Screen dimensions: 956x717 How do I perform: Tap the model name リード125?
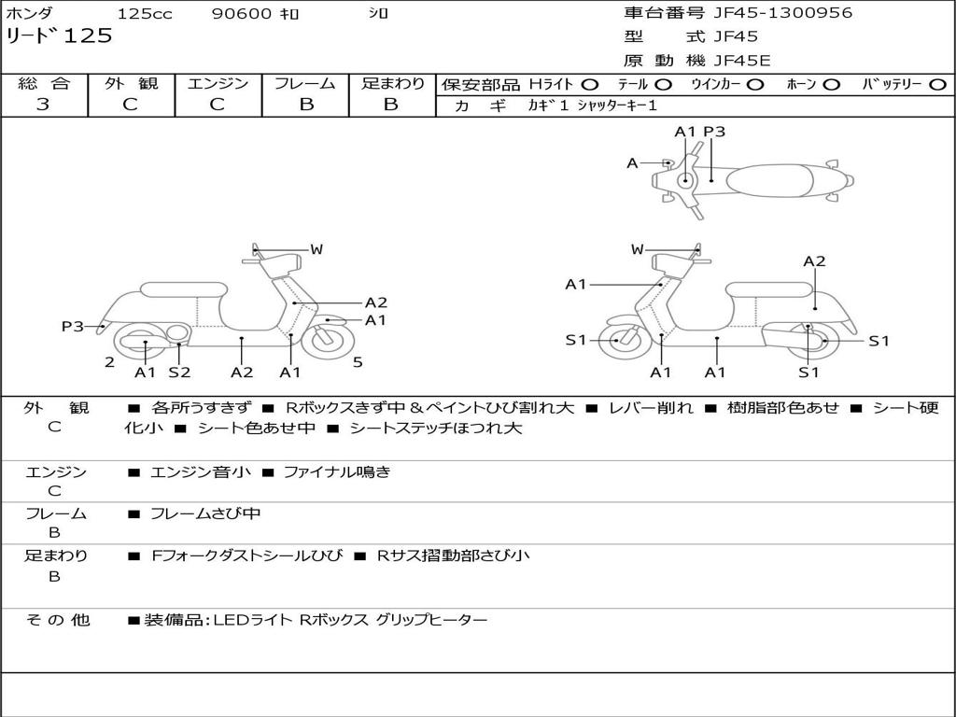59,36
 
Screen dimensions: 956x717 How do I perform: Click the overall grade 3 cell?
43,105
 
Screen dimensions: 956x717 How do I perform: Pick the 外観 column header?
131,84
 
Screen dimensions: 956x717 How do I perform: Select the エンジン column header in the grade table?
218,84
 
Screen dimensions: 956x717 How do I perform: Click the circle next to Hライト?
590,85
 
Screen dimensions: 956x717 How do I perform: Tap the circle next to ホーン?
832,85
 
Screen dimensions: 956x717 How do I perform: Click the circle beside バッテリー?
938,85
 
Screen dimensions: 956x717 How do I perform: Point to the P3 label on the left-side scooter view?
73,326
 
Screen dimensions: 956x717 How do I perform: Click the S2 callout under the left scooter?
179,373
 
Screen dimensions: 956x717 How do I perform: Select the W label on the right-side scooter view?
638,249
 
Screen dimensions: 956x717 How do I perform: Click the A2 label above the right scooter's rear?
815,261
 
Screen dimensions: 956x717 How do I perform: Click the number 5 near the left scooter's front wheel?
358,362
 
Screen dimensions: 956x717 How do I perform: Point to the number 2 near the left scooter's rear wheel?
109,362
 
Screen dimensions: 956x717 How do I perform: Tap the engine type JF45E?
742,61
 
